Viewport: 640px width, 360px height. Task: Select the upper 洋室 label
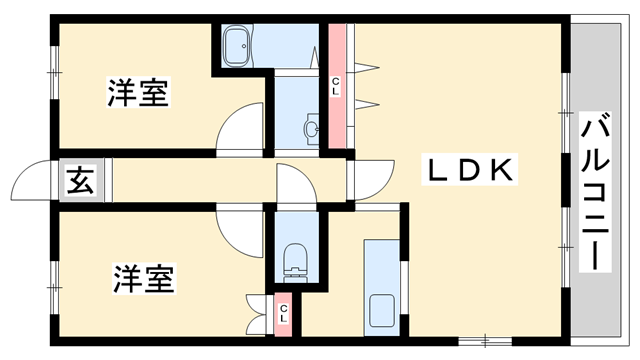(x=139, y=94)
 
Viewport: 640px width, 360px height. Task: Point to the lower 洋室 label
(x=143, y=277)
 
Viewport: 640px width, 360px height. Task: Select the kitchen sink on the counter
(x=381, y=309)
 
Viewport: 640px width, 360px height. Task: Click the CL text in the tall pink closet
(x=336, y=85)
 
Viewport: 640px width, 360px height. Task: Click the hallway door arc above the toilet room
(x=296, y=185)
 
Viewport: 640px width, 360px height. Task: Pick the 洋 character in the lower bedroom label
(x=127, y=277)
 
